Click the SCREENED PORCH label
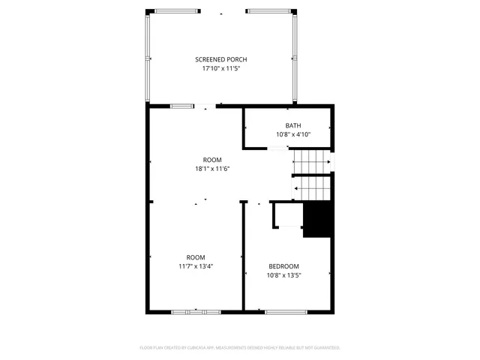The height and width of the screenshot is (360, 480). coord(221,59)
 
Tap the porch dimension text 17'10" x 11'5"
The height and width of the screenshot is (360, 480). coord(221,68)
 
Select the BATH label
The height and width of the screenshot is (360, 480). coord(293,125)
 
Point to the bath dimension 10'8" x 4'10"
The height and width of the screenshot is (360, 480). coord(293,135)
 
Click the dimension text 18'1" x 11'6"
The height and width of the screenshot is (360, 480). coord(212,169)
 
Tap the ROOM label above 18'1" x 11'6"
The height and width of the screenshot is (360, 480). coord(212,160)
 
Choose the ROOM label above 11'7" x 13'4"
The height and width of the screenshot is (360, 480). coord(196,257)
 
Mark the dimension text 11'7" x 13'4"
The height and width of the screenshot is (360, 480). coord(196,266)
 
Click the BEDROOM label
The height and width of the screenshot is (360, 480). coord(284,266)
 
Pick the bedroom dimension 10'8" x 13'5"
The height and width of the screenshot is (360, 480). coord(284,275)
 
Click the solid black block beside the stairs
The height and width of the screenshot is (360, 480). coord(317,220)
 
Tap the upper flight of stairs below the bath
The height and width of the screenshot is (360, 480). coord(310,161)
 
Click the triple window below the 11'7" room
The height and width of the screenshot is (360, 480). coord(196,312)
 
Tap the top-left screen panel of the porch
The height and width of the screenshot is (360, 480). coord(172,11)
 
